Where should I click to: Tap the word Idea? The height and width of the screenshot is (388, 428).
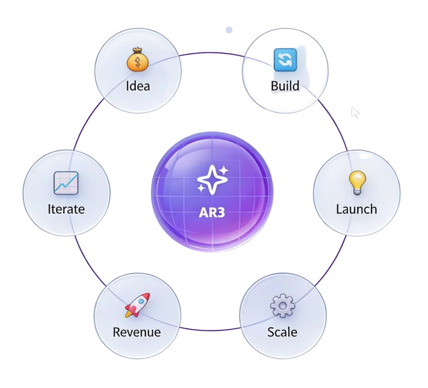(138, 86)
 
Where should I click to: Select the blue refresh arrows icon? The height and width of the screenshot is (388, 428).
(285, 60)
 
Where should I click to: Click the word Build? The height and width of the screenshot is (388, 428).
(285, 86)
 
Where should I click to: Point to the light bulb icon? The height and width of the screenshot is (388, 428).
(357, 182)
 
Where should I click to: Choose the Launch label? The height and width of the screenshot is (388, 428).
(357, 209)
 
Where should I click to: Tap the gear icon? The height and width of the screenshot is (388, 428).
(283, 306)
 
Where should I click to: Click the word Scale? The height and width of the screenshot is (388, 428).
(283, 332)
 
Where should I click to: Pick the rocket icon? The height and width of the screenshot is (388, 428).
(137, 305)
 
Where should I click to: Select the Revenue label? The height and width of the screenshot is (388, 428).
(137, 332)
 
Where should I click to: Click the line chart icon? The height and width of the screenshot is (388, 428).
(66, 183)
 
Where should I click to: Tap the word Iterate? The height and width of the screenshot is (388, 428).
(66, 209)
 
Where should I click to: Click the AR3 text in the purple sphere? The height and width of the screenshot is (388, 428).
(212, 212)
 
